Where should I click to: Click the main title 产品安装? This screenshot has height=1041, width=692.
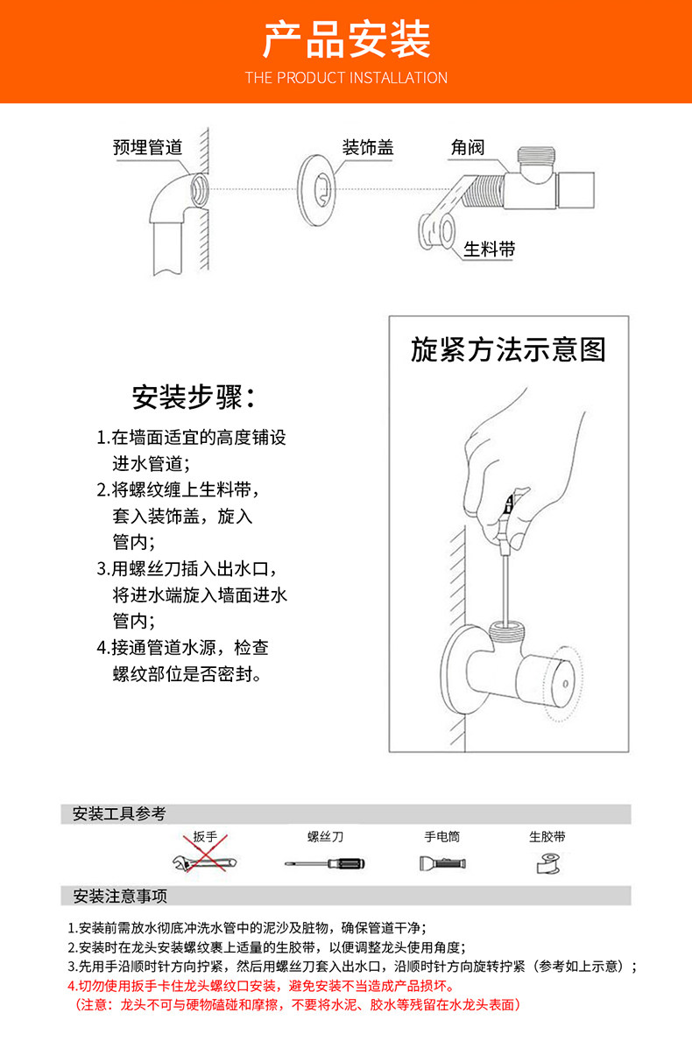pos(346,39)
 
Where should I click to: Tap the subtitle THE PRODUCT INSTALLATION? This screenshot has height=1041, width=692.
pos(346,78)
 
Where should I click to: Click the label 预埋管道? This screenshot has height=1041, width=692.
pos(147,147)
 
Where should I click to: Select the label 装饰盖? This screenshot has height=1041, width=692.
pos(368,147)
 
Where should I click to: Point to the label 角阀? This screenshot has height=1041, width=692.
pos(468,147)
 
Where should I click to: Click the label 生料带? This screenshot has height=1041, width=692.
pos(490,249)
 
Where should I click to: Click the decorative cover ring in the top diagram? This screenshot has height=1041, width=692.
pos(317,189)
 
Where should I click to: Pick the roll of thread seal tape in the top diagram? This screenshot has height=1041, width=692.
pos(436,231)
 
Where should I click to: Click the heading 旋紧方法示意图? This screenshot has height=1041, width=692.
pos(508,350)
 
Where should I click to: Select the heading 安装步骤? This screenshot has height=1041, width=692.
pos(194,397)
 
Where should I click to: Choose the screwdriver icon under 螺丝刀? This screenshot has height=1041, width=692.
pos(325,863)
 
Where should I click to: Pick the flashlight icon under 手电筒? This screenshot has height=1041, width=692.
pos(442,863)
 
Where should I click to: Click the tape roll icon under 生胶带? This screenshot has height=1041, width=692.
pos(547,864)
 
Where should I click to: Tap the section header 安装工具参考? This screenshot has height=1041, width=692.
pos(119,813)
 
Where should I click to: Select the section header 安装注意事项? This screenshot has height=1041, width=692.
pos(119,897)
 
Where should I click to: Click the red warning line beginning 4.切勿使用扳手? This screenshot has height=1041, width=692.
pos(261,986)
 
